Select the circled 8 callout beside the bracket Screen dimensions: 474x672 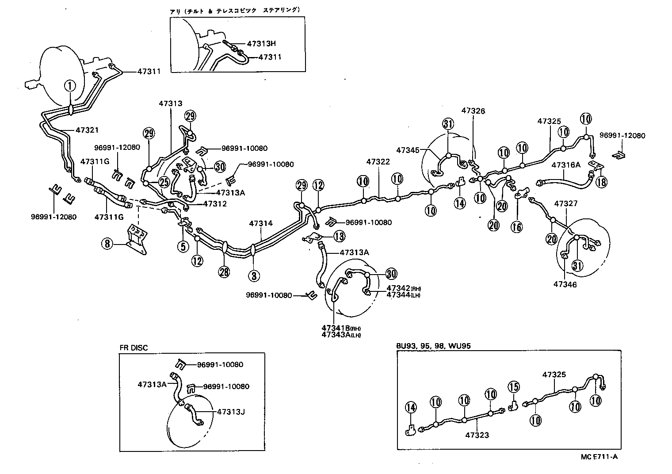pyautogui.click(x=107, y=243)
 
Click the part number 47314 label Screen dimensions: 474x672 pyautogui.click(x=261, y=224)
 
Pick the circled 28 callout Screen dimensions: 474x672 pyautogui.click(x=224, y=271)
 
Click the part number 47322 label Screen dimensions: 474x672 pyautogui.click(x=378, y=162)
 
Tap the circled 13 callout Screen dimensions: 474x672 pyautogui.click(x=339, y=237)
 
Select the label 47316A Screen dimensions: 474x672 pyautogui.click(x=566, y=165)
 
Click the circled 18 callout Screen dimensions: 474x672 pyautogui.click(x=600, y=182)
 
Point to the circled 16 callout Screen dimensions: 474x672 pyautogui.click(x=516, y=227)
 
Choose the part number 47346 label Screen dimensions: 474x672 pyautogui.click(x=565, y=284)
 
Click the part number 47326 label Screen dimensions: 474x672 pyautogui.click(x=473, y=111)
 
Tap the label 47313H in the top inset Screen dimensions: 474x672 pyautogui.click(x=261, y=44)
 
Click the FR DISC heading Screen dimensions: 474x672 pyautogui.click(x=134, y=348)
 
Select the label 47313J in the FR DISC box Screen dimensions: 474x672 pyautogui.click(x=231, y=412)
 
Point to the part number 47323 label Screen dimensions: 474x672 pyautogui.click(x=477, y=435)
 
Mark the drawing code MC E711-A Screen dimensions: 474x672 pyautogui.click(x=599, y=457)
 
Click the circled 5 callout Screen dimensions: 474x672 pyautogui.click(x=183, y=246)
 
